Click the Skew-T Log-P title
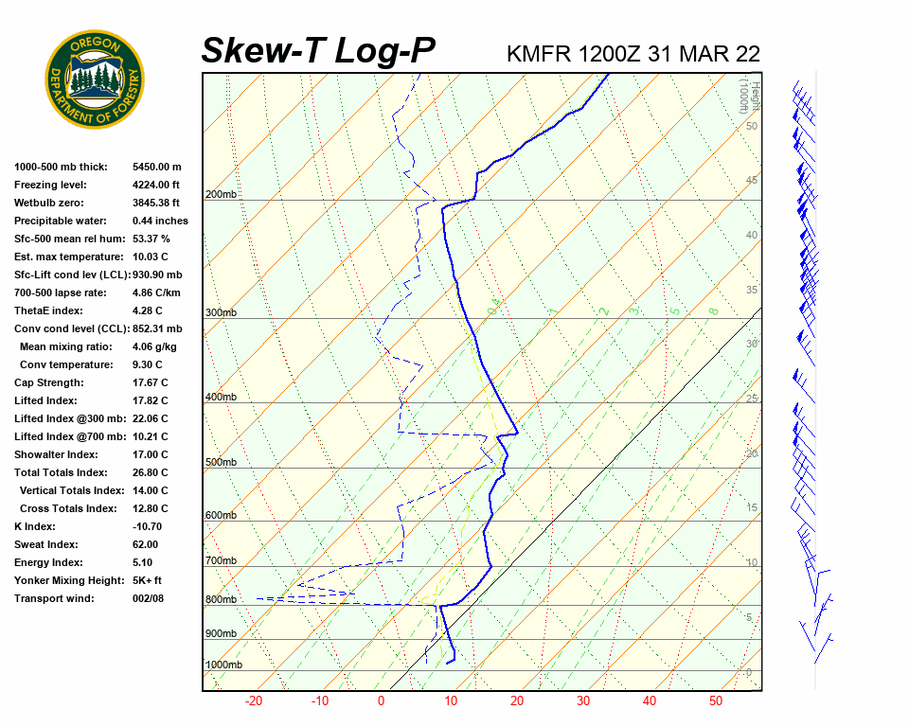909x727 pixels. [x=318, y=50]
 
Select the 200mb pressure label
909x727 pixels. [x=222, y=195]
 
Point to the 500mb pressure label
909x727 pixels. [x=222, y=463]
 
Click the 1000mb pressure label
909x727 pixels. [x=223, y=665]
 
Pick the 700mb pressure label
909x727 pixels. [x=222, y=561]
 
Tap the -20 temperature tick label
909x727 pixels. [x=254, y=701]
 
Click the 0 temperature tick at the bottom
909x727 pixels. [x=381, y=701]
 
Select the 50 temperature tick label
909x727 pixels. [x=716, y=701]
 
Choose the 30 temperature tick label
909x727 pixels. [x=582, y=701]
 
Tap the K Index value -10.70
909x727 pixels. [x=147, y=526]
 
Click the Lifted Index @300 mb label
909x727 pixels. [x=64, y=418]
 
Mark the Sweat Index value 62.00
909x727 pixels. [x=145, y=544]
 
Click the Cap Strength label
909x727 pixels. [x=48, y=382]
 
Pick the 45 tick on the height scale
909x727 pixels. [x=752, y=181]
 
